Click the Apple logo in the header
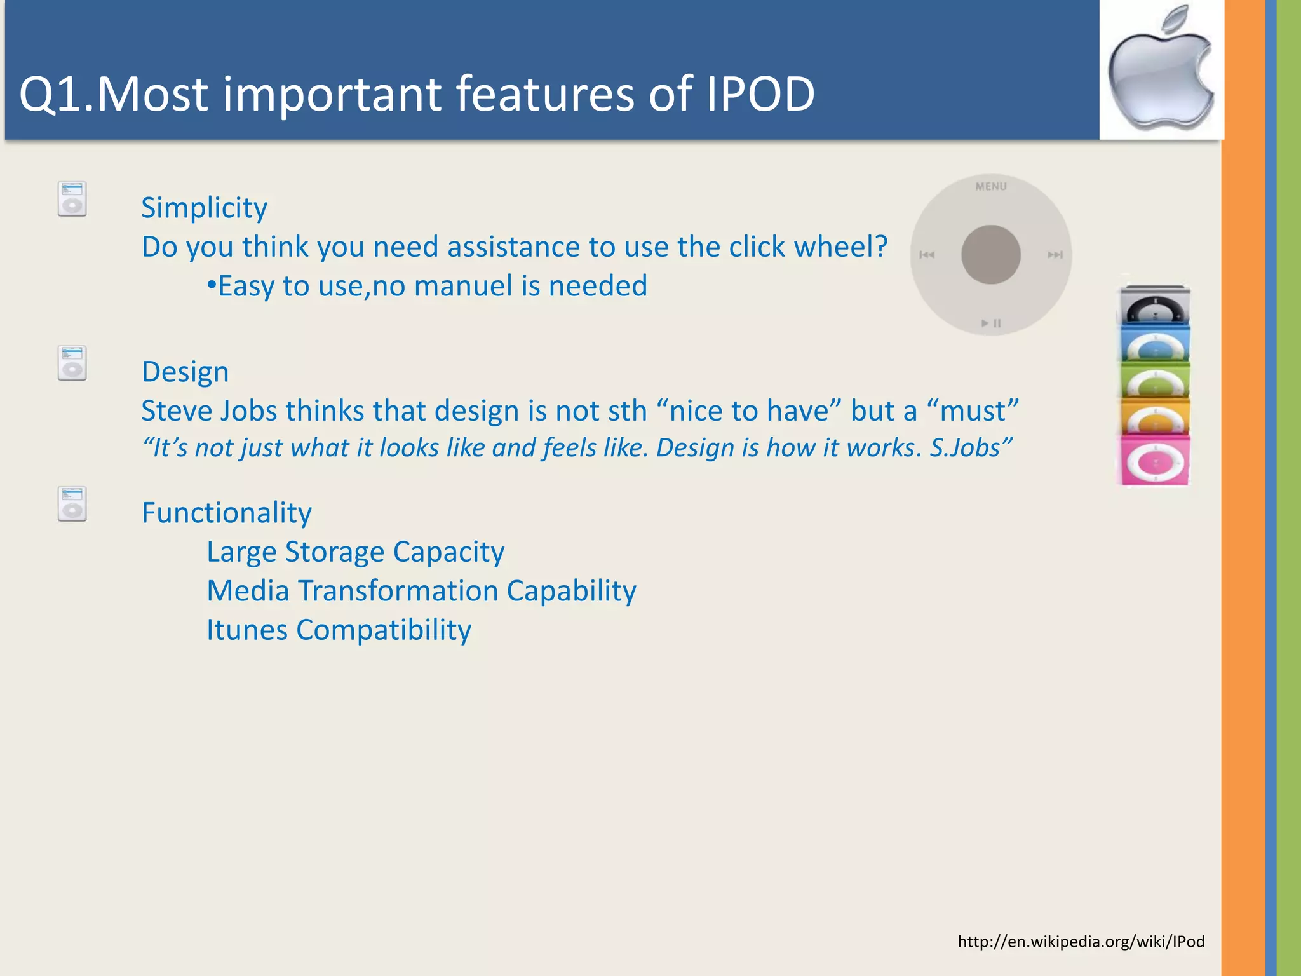click(1161, 70)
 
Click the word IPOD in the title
click(760, 94)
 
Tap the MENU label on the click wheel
click(990, 186)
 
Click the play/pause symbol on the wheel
click(990, 323)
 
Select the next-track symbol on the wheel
click(1055, 255)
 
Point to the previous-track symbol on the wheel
click(927, 255)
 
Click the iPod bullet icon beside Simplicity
click(72, 199)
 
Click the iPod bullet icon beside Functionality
click(72, 504)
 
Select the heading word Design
click(185, 372)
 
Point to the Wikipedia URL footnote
click(1081, 941)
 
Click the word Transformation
click(398, 591)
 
